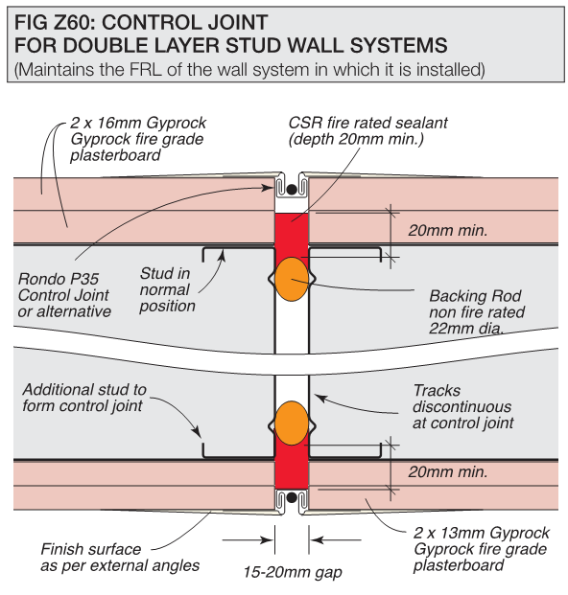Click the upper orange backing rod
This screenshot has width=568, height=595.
tap(293, 278)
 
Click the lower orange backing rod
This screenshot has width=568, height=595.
tap(293, 422)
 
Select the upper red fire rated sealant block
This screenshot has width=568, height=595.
tap(293, 235)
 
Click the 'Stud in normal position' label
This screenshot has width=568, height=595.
tap(168, 289)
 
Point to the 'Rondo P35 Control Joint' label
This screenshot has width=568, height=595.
tap(64, 295)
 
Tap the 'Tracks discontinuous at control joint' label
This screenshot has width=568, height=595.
tap(463, 406)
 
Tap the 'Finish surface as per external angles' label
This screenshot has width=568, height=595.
tap(120, 558)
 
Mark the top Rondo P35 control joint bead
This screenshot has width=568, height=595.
tap(293, 186)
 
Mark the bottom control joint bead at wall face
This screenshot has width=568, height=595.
tap(293, 499)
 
